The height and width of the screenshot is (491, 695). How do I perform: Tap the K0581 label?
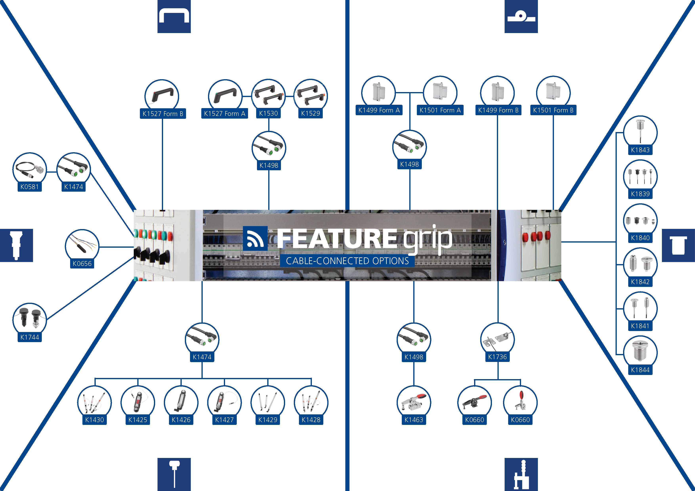tap(29, 187)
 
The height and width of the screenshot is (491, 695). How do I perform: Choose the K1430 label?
tap(95, 420)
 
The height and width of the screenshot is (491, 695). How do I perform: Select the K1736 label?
tap(497, 357)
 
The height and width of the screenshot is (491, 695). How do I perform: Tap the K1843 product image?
tap(640, 132)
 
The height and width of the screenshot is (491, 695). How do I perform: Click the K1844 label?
tap(640, 370)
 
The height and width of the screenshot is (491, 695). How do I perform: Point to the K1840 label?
tap(640, 238)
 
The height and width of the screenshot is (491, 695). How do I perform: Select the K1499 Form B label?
tap(498, 110)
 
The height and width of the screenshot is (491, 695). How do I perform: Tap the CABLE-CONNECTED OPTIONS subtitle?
tap(347, 261)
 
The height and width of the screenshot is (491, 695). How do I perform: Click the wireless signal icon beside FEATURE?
tap(255, 238)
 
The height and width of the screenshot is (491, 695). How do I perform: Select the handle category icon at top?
tap(174, 16)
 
